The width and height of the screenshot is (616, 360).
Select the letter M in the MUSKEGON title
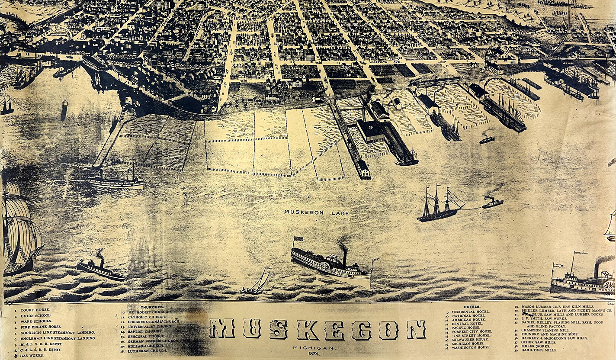point(222,330)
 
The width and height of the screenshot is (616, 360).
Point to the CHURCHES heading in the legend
point(151,307)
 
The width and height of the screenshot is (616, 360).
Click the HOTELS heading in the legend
point(472,307)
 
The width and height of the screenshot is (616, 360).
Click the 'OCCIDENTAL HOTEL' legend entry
point(471,312)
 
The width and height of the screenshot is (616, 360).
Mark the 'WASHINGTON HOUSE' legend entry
point(471,347)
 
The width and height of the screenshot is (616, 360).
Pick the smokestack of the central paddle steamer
point(345,257)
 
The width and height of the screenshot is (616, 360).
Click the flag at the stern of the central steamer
point(297,239)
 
